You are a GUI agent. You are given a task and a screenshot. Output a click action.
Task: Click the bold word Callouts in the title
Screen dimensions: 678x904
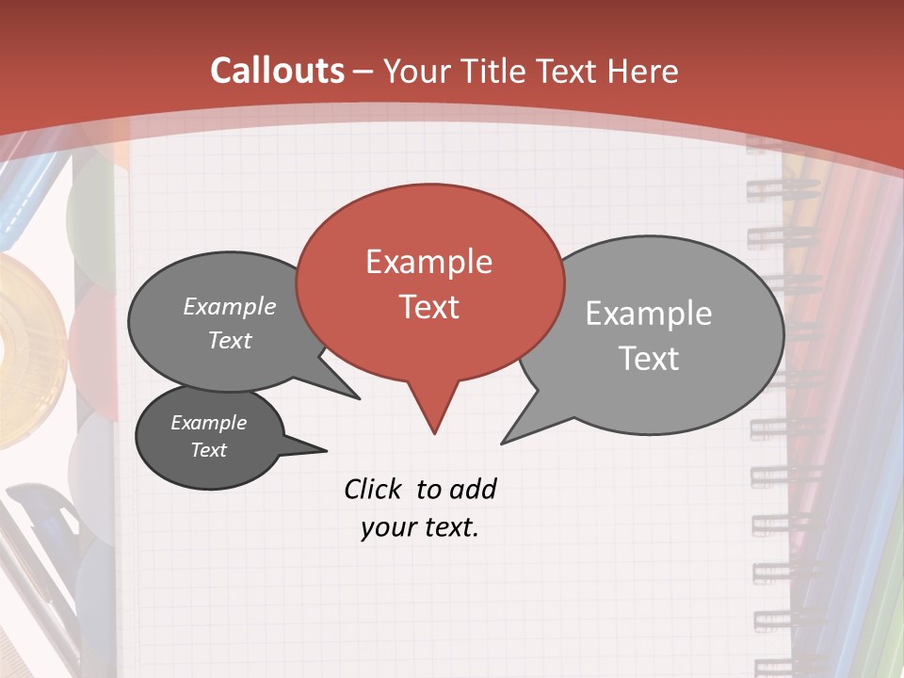[277, 71]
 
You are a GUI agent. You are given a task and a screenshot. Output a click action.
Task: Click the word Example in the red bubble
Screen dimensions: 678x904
[428, 262]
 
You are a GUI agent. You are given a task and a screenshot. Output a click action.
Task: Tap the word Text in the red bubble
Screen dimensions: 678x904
[428, 307]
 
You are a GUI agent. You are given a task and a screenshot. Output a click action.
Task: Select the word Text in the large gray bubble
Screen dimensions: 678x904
[649, 359]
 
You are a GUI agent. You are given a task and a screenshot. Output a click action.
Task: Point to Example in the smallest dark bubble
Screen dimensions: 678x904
[208, 423]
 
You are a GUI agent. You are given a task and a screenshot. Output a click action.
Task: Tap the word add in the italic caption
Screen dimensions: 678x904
[472, 489]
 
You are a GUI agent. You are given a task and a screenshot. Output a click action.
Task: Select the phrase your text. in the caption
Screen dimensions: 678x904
[420, 528]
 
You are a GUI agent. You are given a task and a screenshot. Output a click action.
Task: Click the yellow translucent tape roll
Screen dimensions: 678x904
[24, 348]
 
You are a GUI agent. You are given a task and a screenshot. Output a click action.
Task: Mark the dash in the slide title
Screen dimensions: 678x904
[364, 71]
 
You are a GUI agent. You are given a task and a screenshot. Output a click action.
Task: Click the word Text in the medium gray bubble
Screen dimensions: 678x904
[230, 340]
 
